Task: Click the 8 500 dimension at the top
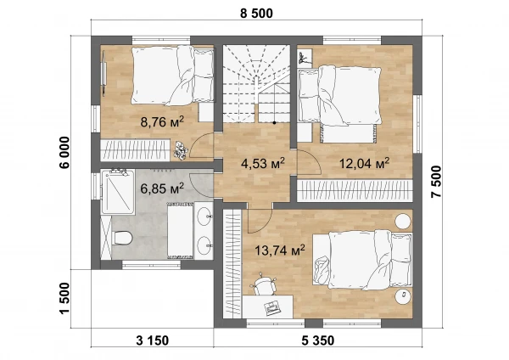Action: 256,14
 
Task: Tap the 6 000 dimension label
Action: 64,152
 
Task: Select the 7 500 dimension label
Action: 437,182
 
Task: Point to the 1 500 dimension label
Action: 64,299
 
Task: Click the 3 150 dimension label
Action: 152,340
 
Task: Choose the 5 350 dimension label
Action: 318,340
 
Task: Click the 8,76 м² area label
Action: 162,122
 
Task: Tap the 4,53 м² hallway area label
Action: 263,163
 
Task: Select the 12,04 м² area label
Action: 364,163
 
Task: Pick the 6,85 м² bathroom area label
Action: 162,188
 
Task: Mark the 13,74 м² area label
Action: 279,250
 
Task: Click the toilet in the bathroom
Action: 122,237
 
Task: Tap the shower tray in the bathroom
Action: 118,192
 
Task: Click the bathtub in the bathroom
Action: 181,230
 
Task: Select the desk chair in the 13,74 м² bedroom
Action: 264,284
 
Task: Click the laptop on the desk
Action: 272,307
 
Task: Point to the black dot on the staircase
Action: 274,123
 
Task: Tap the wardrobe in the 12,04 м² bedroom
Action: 355,189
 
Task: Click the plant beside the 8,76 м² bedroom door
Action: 180,150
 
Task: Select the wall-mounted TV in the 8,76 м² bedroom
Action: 103,74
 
